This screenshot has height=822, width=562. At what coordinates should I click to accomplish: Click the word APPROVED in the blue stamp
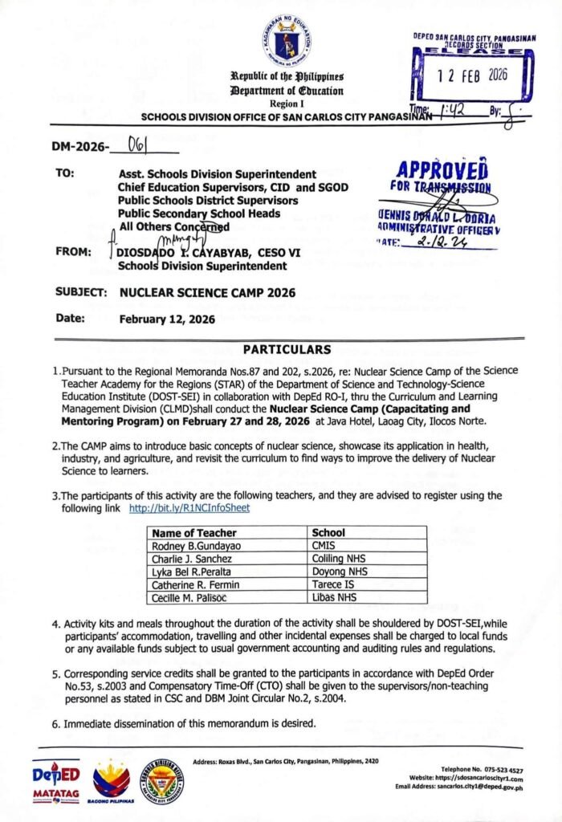tap(442, 171)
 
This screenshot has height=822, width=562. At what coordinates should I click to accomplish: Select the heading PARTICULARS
tap(287, 350)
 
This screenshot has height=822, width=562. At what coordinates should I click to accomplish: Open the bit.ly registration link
tap(189, 509)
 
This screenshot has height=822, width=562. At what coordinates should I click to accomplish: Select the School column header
tap(328, 532)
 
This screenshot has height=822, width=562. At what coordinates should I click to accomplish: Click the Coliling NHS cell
tap(340, 559)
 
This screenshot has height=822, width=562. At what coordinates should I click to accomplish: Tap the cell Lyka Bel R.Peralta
tap(191, 572)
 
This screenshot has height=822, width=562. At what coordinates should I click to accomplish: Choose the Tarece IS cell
tap(333, 584)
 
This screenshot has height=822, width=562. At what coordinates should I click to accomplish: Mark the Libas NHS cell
tap(335, 597)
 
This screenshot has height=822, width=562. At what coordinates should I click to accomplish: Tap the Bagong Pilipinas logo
tap(112, 782)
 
